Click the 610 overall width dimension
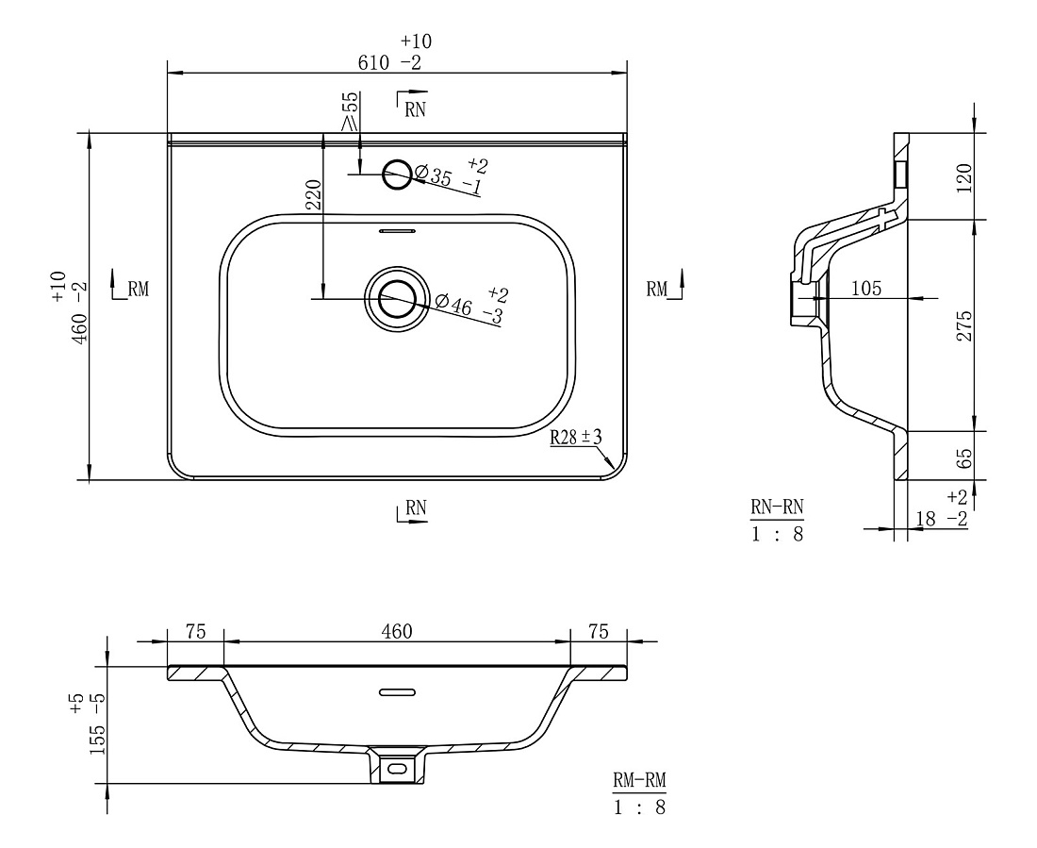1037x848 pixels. click(x=373, y=63)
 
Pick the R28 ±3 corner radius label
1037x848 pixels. click(x=576, y=437)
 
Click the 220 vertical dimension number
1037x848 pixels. click(x=314, y=195)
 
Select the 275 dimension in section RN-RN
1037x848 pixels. click(x=965, y=325)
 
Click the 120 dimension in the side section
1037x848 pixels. click(x=965, y=177)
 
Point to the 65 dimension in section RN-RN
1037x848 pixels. click(x=965, y=458)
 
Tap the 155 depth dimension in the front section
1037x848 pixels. click(x=97, y=740)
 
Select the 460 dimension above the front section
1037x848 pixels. click(x=397, y=632)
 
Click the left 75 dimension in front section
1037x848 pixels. click(x=196, y=632)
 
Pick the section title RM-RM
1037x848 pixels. click(x=639, y=780)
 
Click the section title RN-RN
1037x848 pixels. click(x=777, y=507)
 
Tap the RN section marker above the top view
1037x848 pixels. click(x=412, y=103)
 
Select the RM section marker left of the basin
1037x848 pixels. click(x=130, y=285)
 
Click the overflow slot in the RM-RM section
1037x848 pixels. click(x=397, y=692)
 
